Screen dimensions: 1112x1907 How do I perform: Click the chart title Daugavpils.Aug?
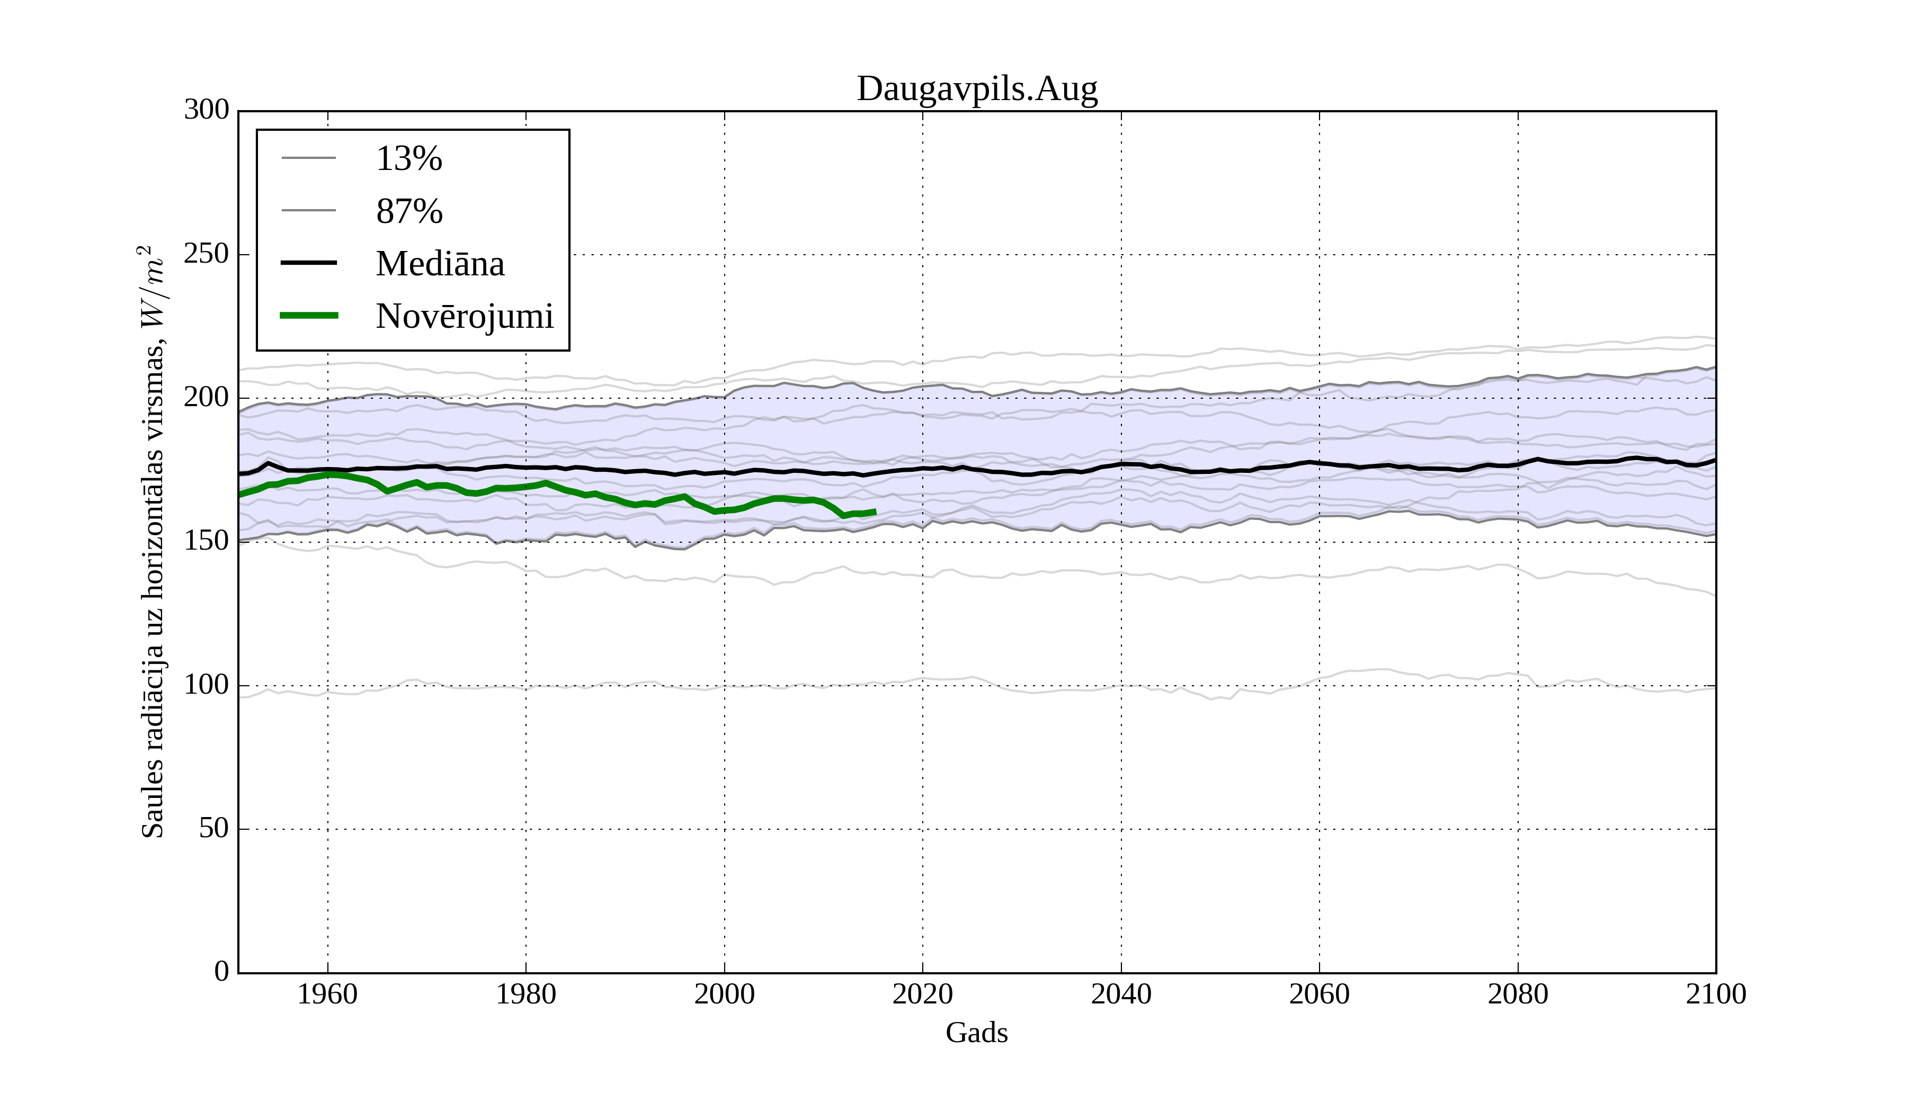tap(976, 89)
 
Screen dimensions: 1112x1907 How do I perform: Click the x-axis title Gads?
tap(976, 1033)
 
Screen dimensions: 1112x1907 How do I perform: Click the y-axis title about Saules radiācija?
tap(153, 542)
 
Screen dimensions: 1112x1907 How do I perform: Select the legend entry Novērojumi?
tap(465, 316)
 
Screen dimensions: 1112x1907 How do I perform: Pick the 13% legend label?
tap(408, 159)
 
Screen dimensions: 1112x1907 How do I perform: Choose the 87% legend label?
tap(408, 211)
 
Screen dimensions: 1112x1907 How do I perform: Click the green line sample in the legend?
tap(309, 316)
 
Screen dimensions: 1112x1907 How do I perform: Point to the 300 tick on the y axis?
tap(207, 110)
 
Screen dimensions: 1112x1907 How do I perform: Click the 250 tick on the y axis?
tap(207, 254)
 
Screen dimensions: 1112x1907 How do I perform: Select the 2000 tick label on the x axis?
tap(724, 994)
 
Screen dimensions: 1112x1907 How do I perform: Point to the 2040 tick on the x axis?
tap(1121, 994)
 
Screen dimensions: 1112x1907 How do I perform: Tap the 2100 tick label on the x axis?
tap(1716, 994)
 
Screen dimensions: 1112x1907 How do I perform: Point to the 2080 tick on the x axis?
tap(1517, 994)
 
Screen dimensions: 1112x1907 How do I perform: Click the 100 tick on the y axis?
tap(207, 685)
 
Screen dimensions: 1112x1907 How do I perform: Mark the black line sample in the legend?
tap(309, 263)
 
